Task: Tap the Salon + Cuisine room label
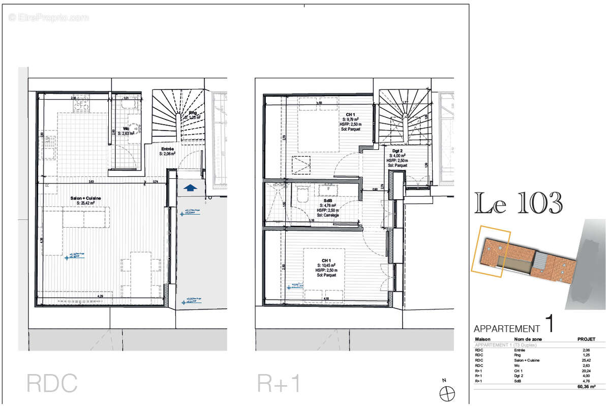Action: point(85,198)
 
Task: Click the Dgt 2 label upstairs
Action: point(397,151)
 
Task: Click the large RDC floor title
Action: point(52,384)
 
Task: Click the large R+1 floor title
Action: point(279,384)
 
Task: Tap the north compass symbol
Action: point(447,393)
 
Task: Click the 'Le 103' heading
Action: point(518,204)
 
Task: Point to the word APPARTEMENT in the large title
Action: point(506,329)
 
